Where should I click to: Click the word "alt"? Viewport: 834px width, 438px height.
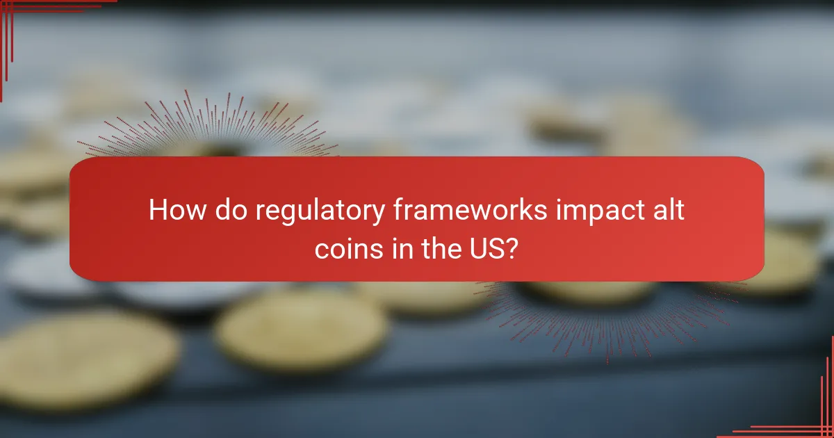669,209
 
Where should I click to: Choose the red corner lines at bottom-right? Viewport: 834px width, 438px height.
813,417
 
